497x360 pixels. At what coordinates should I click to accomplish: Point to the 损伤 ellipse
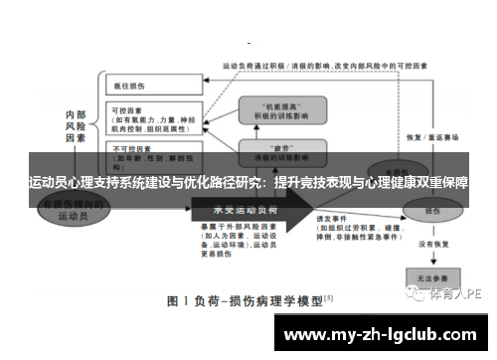pos(433,212)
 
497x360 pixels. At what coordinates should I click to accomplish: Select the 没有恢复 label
pos(433,241)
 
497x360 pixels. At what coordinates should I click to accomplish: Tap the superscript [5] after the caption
pos(329,296)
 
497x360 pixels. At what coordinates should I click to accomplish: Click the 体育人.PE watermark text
pos(454,295)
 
